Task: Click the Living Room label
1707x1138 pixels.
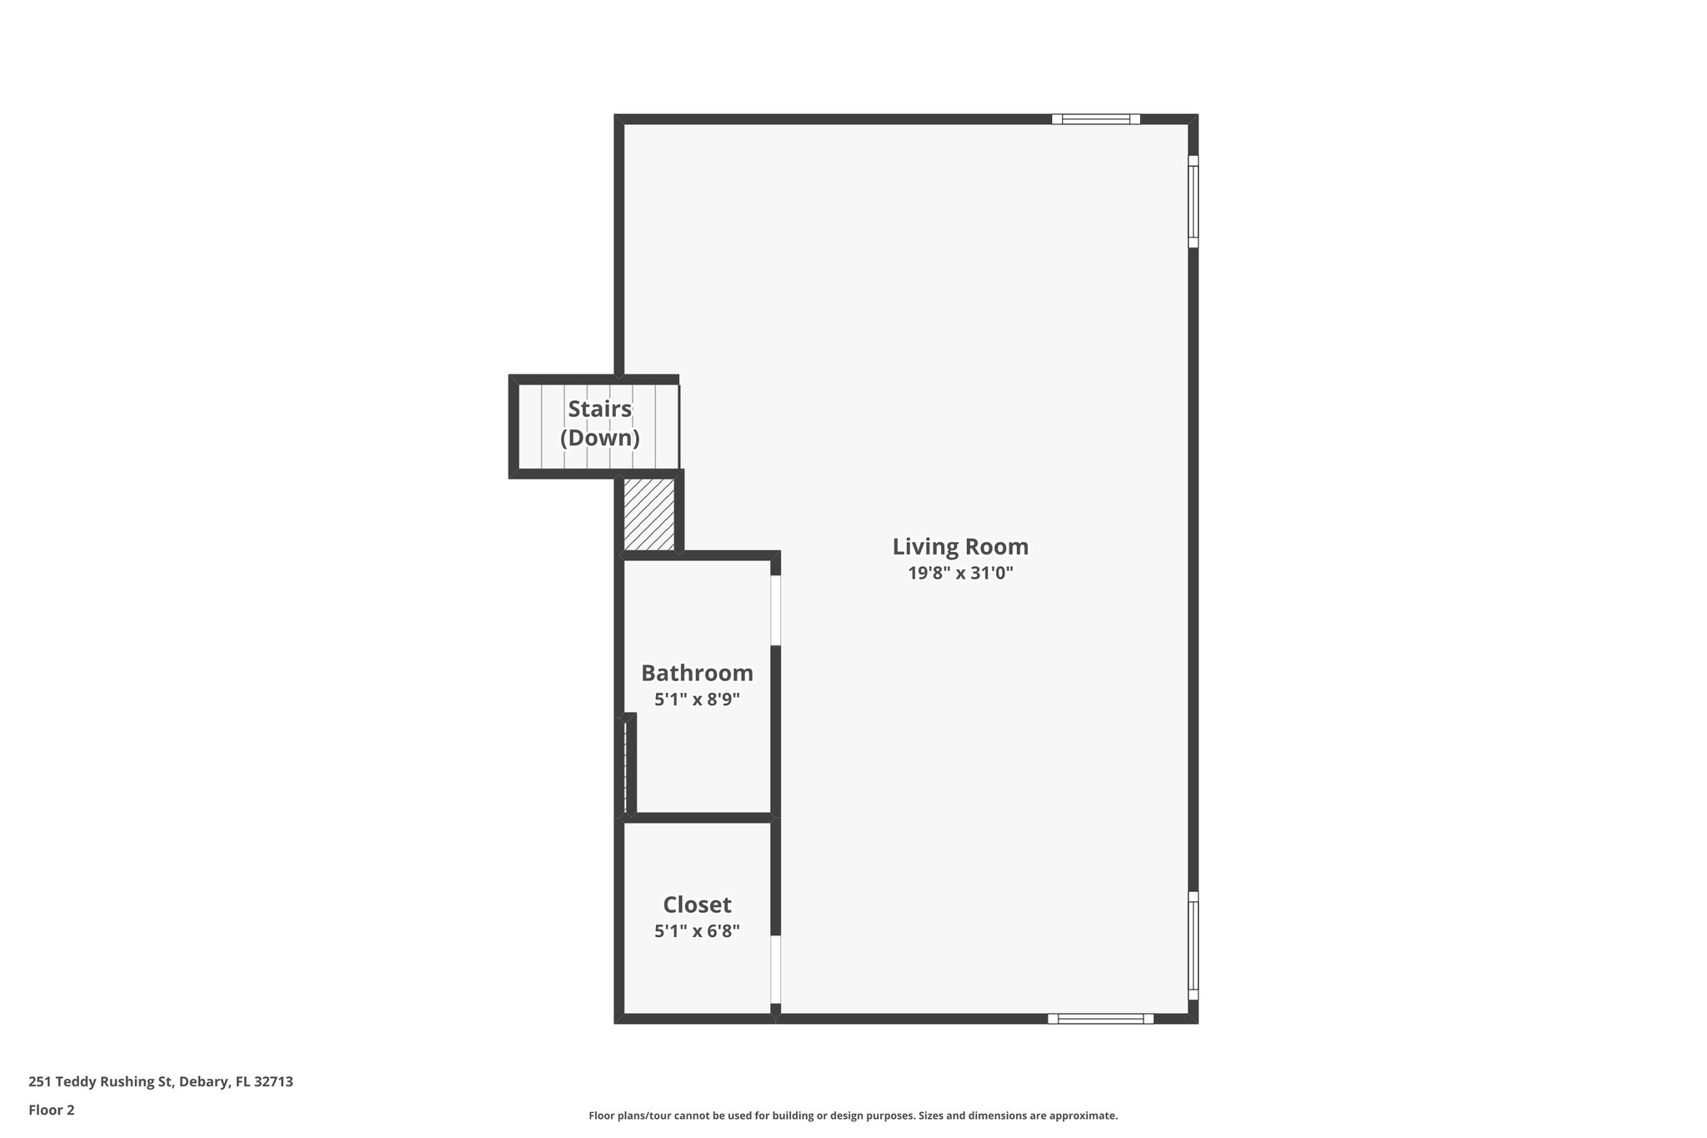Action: pos(960,547)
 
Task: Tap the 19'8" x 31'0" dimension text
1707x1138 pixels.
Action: pos(960,574)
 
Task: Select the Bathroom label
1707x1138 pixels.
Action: pos(697,673)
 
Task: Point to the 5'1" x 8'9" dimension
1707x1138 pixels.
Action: pos(697,699)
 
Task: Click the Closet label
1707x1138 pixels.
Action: pos(697,905)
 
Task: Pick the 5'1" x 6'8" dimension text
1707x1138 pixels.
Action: pos(697,931)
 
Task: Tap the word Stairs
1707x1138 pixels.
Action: pos(599,409)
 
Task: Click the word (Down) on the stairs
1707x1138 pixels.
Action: pos(599,438)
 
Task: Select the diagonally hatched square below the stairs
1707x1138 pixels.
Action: pos(648,514)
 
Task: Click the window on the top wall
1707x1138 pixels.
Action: pos(1095,119)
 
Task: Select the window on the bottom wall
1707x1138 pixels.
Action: pos(1100,1019)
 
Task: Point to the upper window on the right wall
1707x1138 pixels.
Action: pos(1193,202)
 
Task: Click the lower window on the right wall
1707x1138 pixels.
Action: pos(1193,945)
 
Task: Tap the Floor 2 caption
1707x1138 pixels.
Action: pos(52,1110)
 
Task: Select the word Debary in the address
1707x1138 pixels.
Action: pos(203,1082)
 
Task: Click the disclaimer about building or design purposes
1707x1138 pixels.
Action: pos(853,1115)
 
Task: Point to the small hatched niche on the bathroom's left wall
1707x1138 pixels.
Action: pos(625,767)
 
